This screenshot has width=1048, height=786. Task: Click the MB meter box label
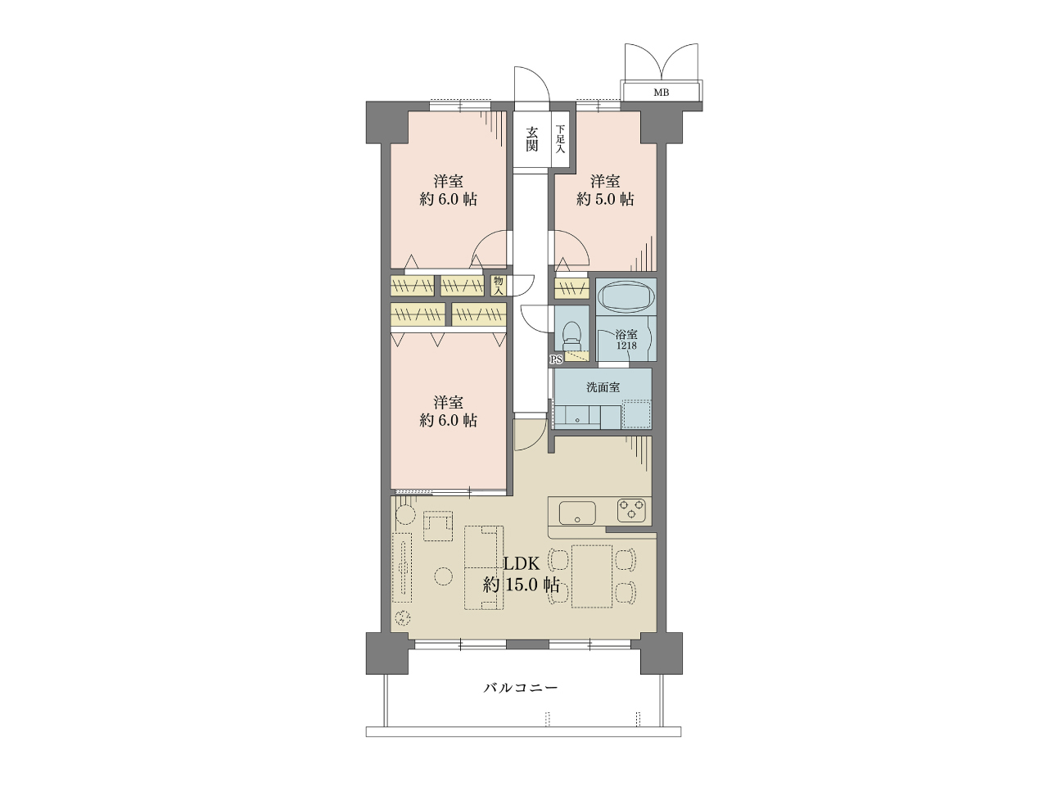(661, 93)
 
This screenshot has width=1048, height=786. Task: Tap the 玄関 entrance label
(532, 139)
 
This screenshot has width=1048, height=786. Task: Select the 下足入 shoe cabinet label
(560, 139)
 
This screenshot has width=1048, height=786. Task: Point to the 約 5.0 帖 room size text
(605, 199)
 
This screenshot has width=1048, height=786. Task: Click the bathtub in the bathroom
(626, 296)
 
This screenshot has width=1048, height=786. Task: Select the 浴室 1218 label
(626, 340)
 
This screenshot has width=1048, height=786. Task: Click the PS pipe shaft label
(556, 359)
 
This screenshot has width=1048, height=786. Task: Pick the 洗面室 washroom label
(603, 387)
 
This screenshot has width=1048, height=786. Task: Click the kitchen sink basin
(577, 513)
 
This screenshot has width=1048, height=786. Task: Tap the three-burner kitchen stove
(631, 510)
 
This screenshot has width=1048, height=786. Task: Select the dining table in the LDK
(592, 576)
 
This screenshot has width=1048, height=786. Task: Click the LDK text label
(522, 563)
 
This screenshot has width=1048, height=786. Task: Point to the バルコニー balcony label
(521, 688)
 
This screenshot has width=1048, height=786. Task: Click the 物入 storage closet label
(499, 286)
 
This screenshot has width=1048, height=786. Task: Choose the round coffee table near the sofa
(443, 576)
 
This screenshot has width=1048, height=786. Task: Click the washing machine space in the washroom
(636, 415)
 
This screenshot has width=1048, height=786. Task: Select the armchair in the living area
(438, 526)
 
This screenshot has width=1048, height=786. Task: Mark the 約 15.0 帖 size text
(521, 585)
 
